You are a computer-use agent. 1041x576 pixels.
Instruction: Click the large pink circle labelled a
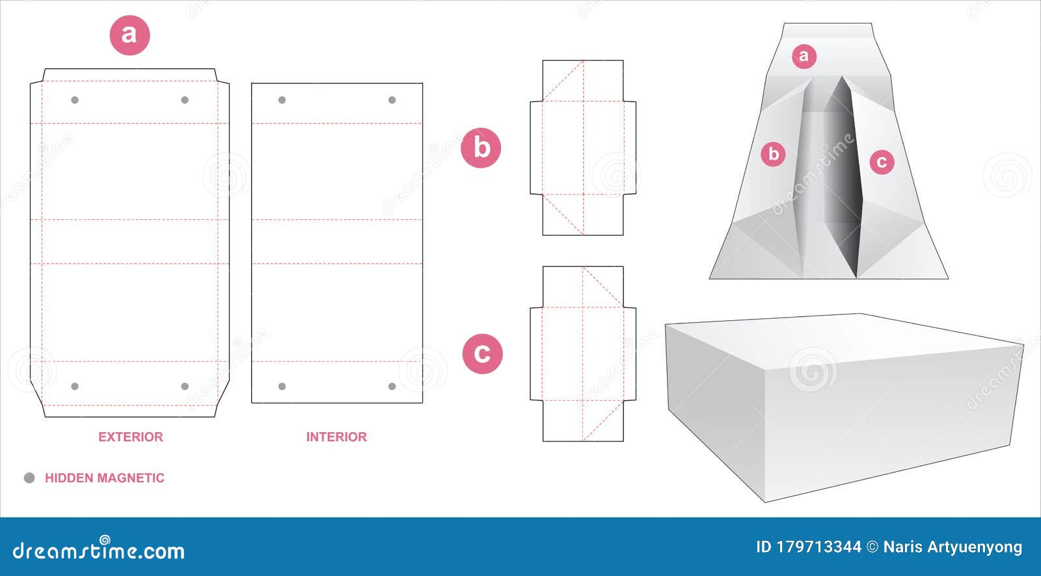coord(129,34)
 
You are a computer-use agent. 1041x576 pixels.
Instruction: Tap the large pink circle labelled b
coord(481,148)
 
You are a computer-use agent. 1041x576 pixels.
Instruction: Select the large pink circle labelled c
coord(482,353)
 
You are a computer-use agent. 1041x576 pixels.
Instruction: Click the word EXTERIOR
coord(130,437)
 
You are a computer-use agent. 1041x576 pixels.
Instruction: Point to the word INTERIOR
coord(336,437)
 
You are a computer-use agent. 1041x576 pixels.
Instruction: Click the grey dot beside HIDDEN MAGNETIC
coord(29,478)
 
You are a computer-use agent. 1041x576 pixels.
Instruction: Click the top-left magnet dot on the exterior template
coord(75,100)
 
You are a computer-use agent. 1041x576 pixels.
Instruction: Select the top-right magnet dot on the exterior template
coord(185,100)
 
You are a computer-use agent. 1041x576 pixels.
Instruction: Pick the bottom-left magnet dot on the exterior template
coord(75,387)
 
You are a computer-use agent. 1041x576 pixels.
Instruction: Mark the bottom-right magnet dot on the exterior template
coord(185,387)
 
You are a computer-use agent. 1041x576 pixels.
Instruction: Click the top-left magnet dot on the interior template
coord(282,100)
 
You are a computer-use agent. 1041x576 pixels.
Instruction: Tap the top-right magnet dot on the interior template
coord(392,100)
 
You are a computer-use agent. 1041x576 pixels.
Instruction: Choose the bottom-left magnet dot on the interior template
coord(282,387)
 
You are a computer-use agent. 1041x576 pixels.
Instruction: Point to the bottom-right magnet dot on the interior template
coord(392,387)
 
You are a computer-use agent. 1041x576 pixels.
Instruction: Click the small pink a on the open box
coord(804,57)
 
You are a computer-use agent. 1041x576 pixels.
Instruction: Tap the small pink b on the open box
coord(774,154)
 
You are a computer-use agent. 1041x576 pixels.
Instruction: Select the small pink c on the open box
coord(882,161)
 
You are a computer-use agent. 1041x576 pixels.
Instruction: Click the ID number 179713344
coord(818,547)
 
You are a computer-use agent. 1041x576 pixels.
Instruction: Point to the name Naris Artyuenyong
coord(953,547)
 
